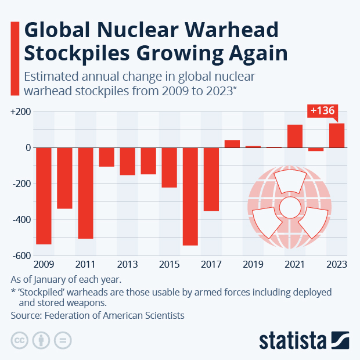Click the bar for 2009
click(x=44, y=196)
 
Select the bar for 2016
click(x=190, y=196)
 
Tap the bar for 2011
click(x=85, y=193)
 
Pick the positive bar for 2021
click(x=295, y=136)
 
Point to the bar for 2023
click(x=337, y=136)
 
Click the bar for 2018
click(x=232, y=144)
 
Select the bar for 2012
click(x=106, y=157)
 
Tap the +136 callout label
click(x=322, y=110)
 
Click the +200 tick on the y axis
click(x=20, y=112)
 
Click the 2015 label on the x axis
click(x=169, y=265)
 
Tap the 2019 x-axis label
click(x=253, y=265)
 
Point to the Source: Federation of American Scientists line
click(x=98, y=315)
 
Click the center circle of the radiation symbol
click(x=289, y=207)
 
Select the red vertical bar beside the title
click(x=14, y=57)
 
